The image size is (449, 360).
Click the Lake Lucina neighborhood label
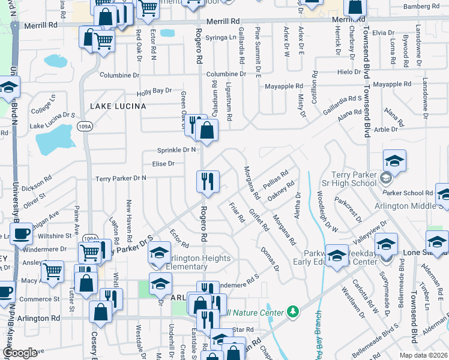[x=118, y=106]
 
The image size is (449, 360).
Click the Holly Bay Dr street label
[x=154, y=91]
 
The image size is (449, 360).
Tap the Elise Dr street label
[x=163, y=163]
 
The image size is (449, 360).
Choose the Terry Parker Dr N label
[x=121, y=178]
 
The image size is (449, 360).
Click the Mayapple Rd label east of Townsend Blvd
[x=391, y=85]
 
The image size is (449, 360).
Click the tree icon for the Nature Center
[x=292, y=312]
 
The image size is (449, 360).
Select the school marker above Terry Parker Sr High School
[x=394, y=160]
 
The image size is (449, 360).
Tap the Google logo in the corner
[x=20, y=353]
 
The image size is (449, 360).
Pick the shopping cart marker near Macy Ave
[x=52, y=271]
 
